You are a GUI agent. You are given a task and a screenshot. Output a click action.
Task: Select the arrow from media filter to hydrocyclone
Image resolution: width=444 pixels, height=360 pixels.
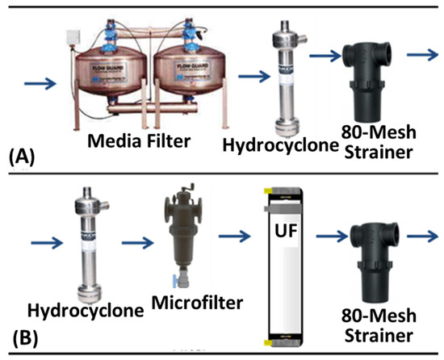pyautogui.click(x=256, y=77)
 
